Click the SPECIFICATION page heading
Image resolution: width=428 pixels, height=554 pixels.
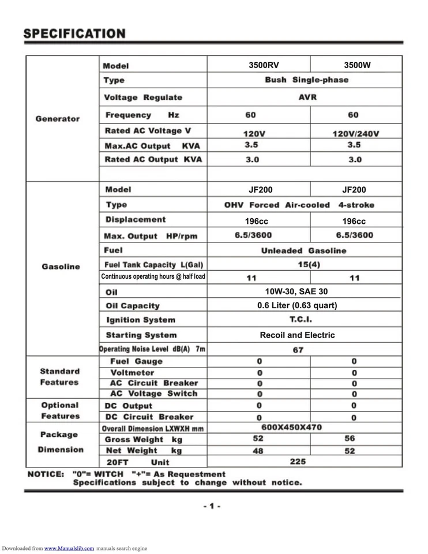pos(74,33)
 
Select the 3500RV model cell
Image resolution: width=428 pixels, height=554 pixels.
pos(263,65)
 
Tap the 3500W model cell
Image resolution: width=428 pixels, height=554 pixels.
pos(356,65)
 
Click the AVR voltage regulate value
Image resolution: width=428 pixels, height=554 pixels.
pos(306,98)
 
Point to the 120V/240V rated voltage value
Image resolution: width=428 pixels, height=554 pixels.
pos(355,134)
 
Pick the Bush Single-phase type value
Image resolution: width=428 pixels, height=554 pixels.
pos(306,80)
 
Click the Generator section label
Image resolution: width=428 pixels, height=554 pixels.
pos(57,119)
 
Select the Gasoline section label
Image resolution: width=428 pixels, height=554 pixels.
pos(61,267)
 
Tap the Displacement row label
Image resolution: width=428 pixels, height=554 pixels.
pos(135,220)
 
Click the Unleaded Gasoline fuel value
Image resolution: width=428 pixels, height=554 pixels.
pos(303,251)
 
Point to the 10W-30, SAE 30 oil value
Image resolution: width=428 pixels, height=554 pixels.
pos(296,291)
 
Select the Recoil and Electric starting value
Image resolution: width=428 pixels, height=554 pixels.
pos(297,335)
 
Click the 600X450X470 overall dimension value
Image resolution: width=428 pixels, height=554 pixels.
pos(292,428)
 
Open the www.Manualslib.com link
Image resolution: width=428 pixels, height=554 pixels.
pos(69,548)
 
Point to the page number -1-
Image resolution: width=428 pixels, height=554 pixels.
pos(212,506)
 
